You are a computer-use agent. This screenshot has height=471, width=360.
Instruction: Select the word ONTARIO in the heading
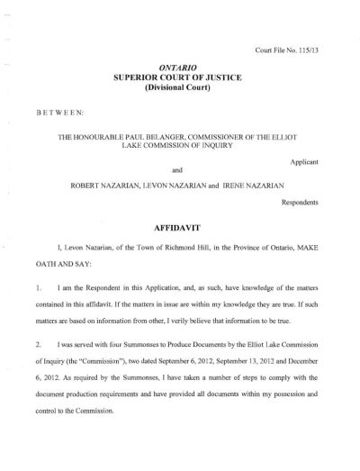click(179, 68)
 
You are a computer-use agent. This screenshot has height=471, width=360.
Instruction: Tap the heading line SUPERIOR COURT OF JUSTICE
click(179, 79)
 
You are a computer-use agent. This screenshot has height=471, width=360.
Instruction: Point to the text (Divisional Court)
click(179, 91)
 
